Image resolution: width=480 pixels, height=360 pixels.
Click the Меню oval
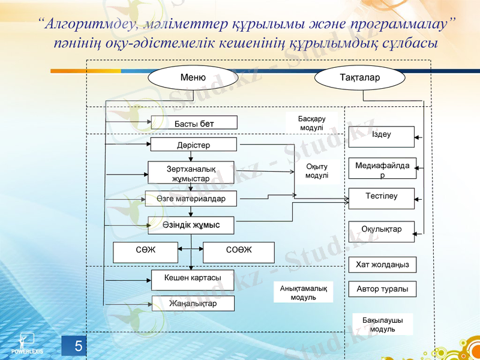(x=193, y=78)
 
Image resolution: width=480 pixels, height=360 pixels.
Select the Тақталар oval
(x=359, y=78)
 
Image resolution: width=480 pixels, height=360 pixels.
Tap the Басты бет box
(x=194, y=123)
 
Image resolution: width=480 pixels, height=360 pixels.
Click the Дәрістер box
(x=193, y=145)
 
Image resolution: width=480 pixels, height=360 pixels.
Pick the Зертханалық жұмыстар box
(x=190, y=173)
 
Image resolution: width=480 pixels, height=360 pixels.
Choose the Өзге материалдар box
(x=190, y=199)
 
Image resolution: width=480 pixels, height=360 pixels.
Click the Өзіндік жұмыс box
(x=190, y=225)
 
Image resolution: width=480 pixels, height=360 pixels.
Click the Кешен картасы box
(x=193, y=280)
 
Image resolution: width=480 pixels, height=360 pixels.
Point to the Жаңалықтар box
(x=193, y=304)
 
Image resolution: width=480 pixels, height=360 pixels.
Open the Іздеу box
(x=381, y=136)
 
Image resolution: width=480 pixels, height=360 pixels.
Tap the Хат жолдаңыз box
(x=382, y=265)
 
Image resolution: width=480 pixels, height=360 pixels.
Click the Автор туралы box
(x=382, y=289)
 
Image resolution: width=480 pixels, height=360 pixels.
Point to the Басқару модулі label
(x=311, y=124)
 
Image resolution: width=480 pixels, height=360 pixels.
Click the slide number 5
(x=78, y=346)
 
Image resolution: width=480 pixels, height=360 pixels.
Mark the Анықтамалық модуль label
(x=303, y=293)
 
